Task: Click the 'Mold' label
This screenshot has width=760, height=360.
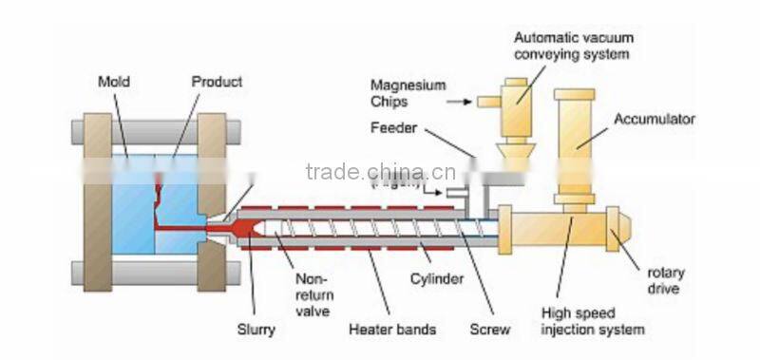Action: tap(113, 82)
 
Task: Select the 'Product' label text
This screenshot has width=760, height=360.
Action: tap(217, 82)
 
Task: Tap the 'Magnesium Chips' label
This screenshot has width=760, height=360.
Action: tap(408, 93)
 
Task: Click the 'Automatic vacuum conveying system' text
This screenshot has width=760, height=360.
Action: tap(573, 46)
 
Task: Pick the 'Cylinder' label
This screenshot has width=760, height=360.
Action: tap(437, 279)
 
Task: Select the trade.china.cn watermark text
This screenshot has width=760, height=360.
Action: tap(380, 171)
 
